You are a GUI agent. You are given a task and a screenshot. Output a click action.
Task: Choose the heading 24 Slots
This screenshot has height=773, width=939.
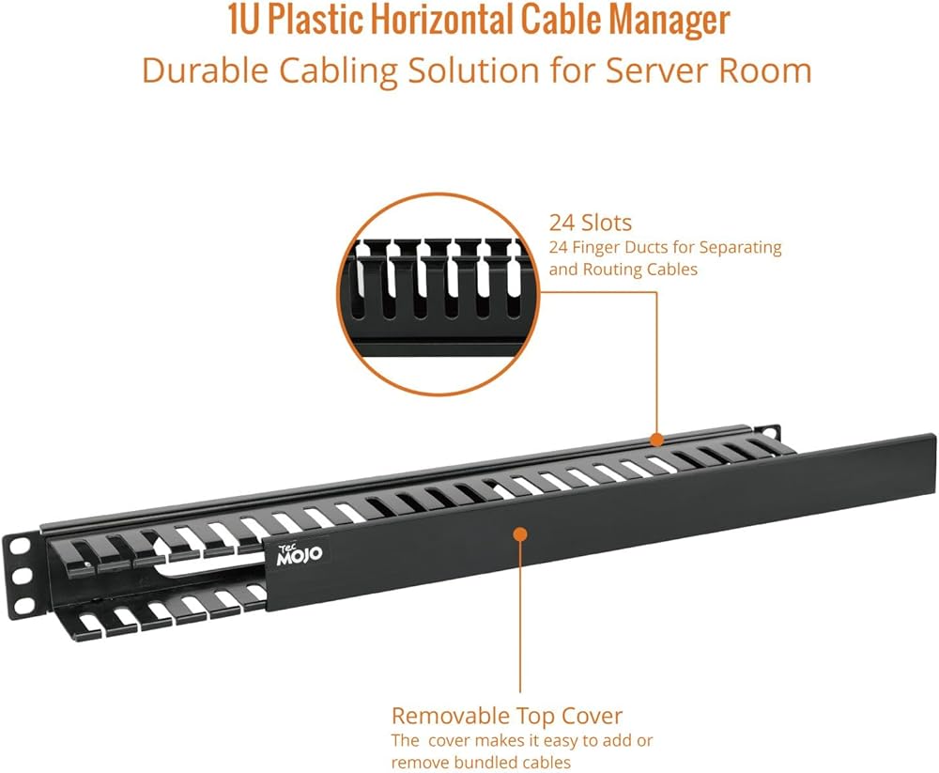pos(590,223)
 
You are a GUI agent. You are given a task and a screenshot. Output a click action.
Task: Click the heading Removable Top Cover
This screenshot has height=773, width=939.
pos(506,715)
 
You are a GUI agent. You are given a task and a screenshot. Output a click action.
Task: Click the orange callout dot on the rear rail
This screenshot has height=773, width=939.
pos(657,440)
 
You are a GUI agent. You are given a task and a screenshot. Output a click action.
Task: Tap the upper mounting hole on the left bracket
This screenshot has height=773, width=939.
pos(17,548)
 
